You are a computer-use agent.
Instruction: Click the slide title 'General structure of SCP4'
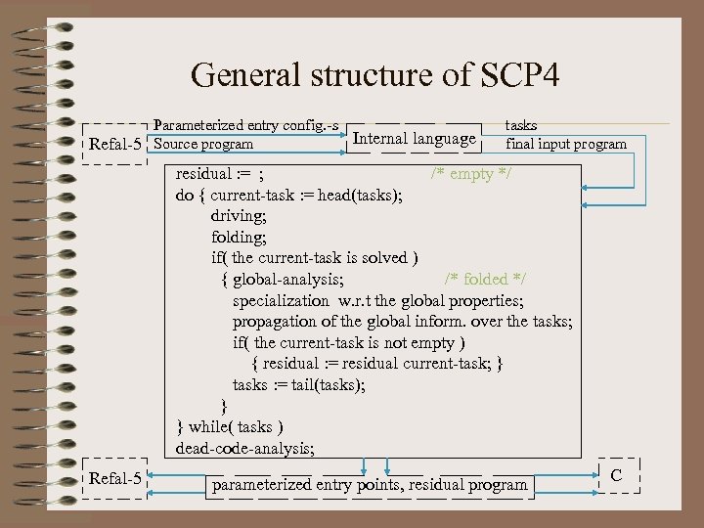[x=375, y=75]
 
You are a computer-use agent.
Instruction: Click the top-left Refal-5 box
[x=115, y=144]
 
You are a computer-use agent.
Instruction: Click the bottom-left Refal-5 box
[x=115, y=478]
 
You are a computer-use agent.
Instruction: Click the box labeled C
[x=616, y=475]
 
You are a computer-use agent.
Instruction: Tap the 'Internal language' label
[x=415, y=139]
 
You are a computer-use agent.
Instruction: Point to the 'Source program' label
[x=204, y=144]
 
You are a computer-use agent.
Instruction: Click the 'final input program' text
[x=566, y=144]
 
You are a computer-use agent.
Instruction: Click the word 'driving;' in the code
[x=239, y=215]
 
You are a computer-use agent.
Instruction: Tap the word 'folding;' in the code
[x=240, y=237]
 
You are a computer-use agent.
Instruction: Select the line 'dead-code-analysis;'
[x=244, y=449]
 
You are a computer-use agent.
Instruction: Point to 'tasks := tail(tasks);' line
[x=299, y=384]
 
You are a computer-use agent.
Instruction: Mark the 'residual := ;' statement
[x=219, y=174]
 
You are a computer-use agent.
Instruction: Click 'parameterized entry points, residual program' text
[x=370, y=484]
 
